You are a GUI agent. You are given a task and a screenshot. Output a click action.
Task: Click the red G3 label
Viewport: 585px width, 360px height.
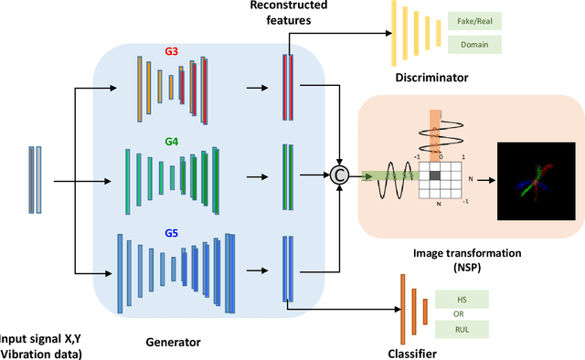tap(171, 52)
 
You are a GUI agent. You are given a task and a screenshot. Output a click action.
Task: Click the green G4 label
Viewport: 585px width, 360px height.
tap(171, 141)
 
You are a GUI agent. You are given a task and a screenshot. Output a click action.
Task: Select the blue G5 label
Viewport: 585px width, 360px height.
tap(171, 232)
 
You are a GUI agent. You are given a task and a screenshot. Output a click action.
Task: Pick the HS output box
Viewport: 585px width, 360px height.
tap(462, 300)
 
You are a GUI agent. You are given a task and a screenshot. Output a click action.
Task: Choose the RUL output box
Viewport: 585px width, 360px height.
tap(462, 327)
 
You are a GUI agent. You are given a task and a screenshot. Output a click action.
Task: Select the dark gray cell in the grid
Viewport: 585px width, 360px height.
tap(435, 175)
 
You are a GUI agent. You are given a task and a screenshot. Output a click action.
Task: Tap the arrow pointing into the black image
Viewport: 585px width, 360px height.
tap(484, 181)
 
